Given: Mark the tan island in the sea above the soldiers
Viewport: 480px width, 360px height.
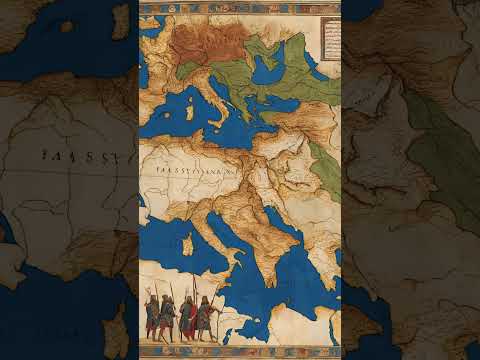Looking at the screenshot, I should click(187, 243).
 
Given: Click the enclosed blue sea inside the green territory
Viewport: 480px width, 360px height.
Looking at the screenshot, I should click(267, 70).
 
